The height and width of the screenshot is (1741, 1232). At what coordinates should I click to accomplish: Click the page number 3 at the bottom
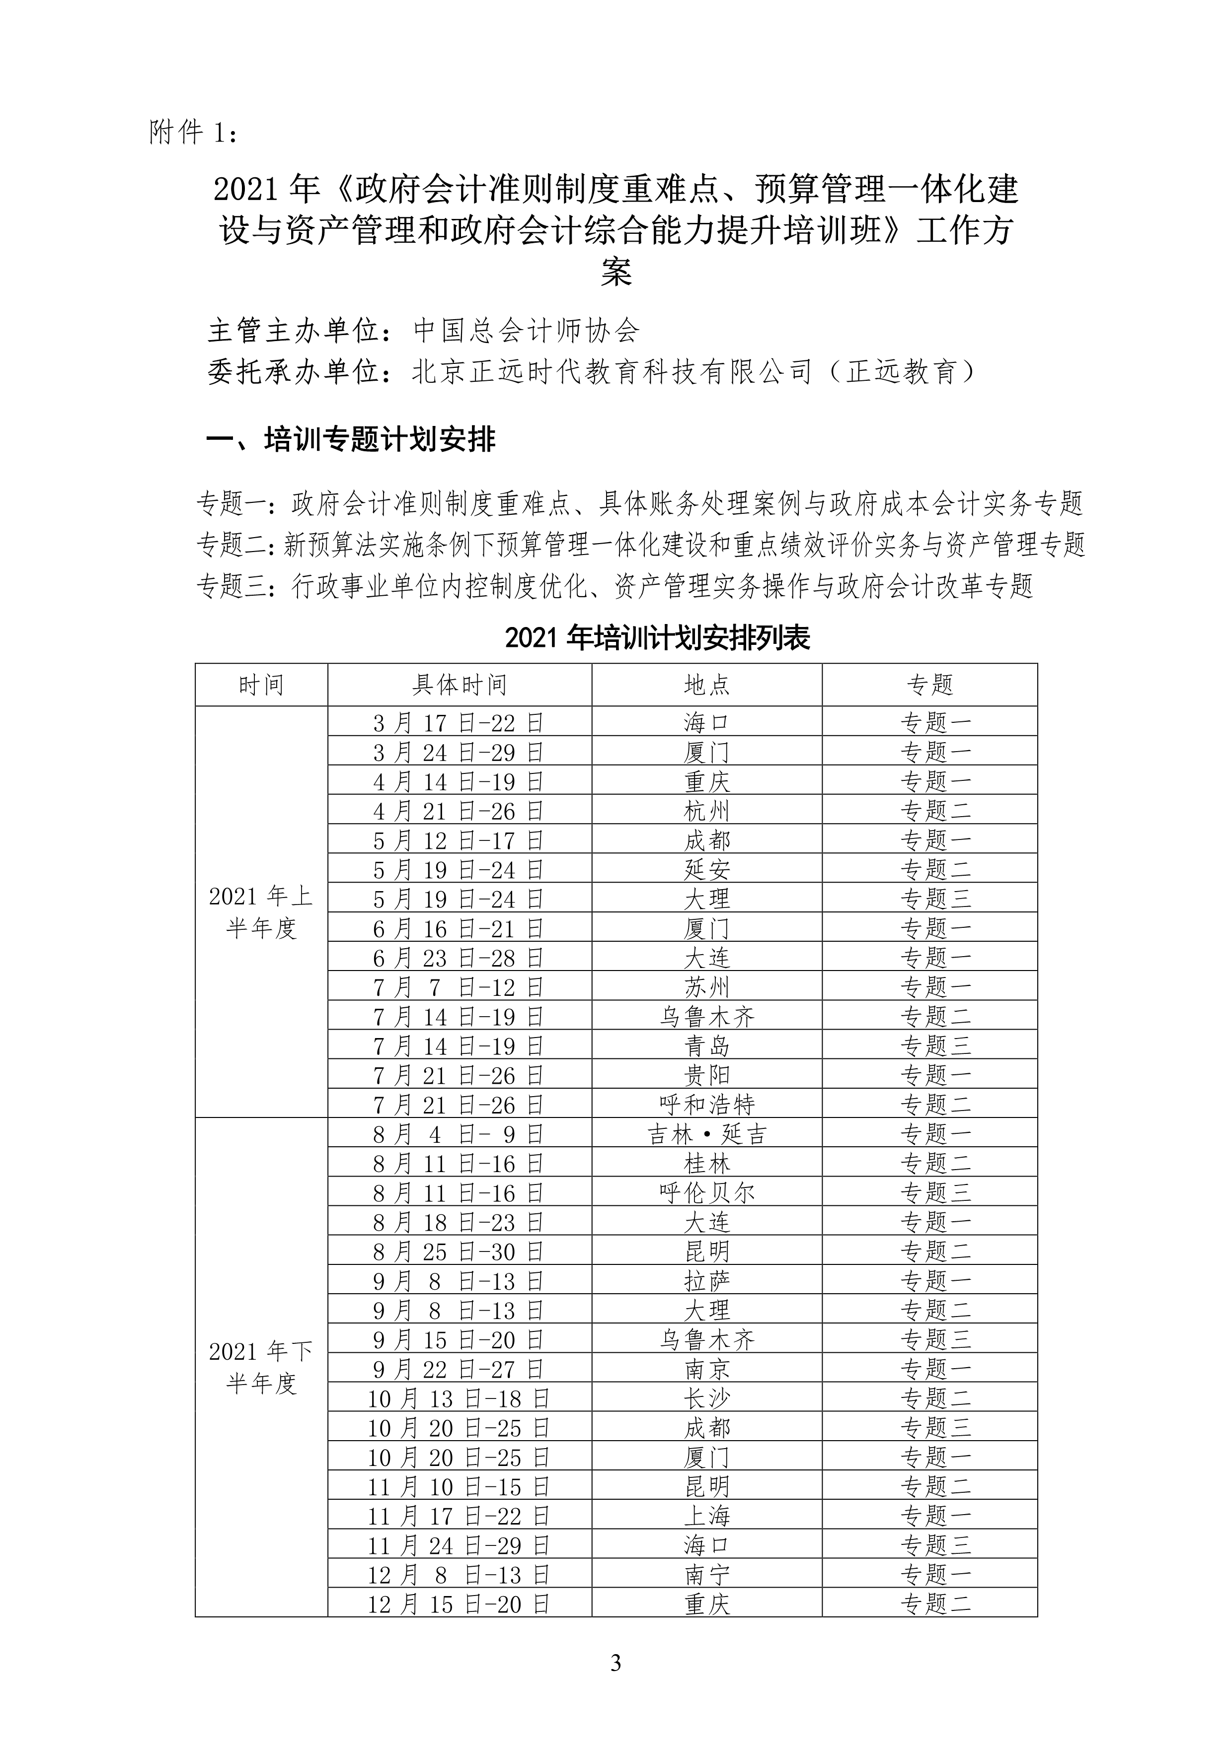pyautogui.click(x=615, y=1664)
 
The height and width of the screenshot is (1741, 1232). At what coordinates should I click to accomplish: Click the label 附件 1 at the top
pyautogui.click(x=195, y=134)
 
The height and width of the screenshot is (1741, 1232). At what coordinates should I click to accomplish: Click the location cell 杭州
pyautogui.click(x=706, y=811)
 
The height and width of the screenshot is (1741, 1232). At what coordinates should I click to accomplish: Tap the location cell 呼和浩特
pyautogui.click(x=706, y=1105)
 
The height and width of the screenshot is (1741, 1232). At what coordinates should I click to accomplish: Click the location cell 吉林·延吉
pyautogui.click(x=706, y=1134)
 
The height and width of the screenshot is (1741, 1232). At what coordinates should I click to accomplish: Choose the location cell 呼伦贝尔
pyautogui.click(x=706, y=1193)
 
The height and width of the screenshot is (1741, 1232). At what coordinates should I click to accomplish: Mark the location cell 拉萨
pyautogui.click(x=706, y=1281)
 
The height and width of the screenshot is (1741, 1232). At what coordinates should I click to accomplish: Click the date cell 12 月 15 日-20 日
pyautogui.click(x=459, y=1604)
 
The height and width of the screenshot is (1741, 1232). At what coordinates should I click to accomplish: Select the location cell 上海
pyautogui.click(x=706, y=1516)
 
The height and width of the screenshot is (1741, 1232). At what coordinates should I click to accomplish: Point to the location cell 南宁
pyautogui.click(x=706, y=1575)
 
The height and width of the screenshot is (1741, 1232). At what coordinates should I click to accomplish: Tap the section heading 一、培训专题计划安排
pyautogui.click(x=351, y=440)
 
